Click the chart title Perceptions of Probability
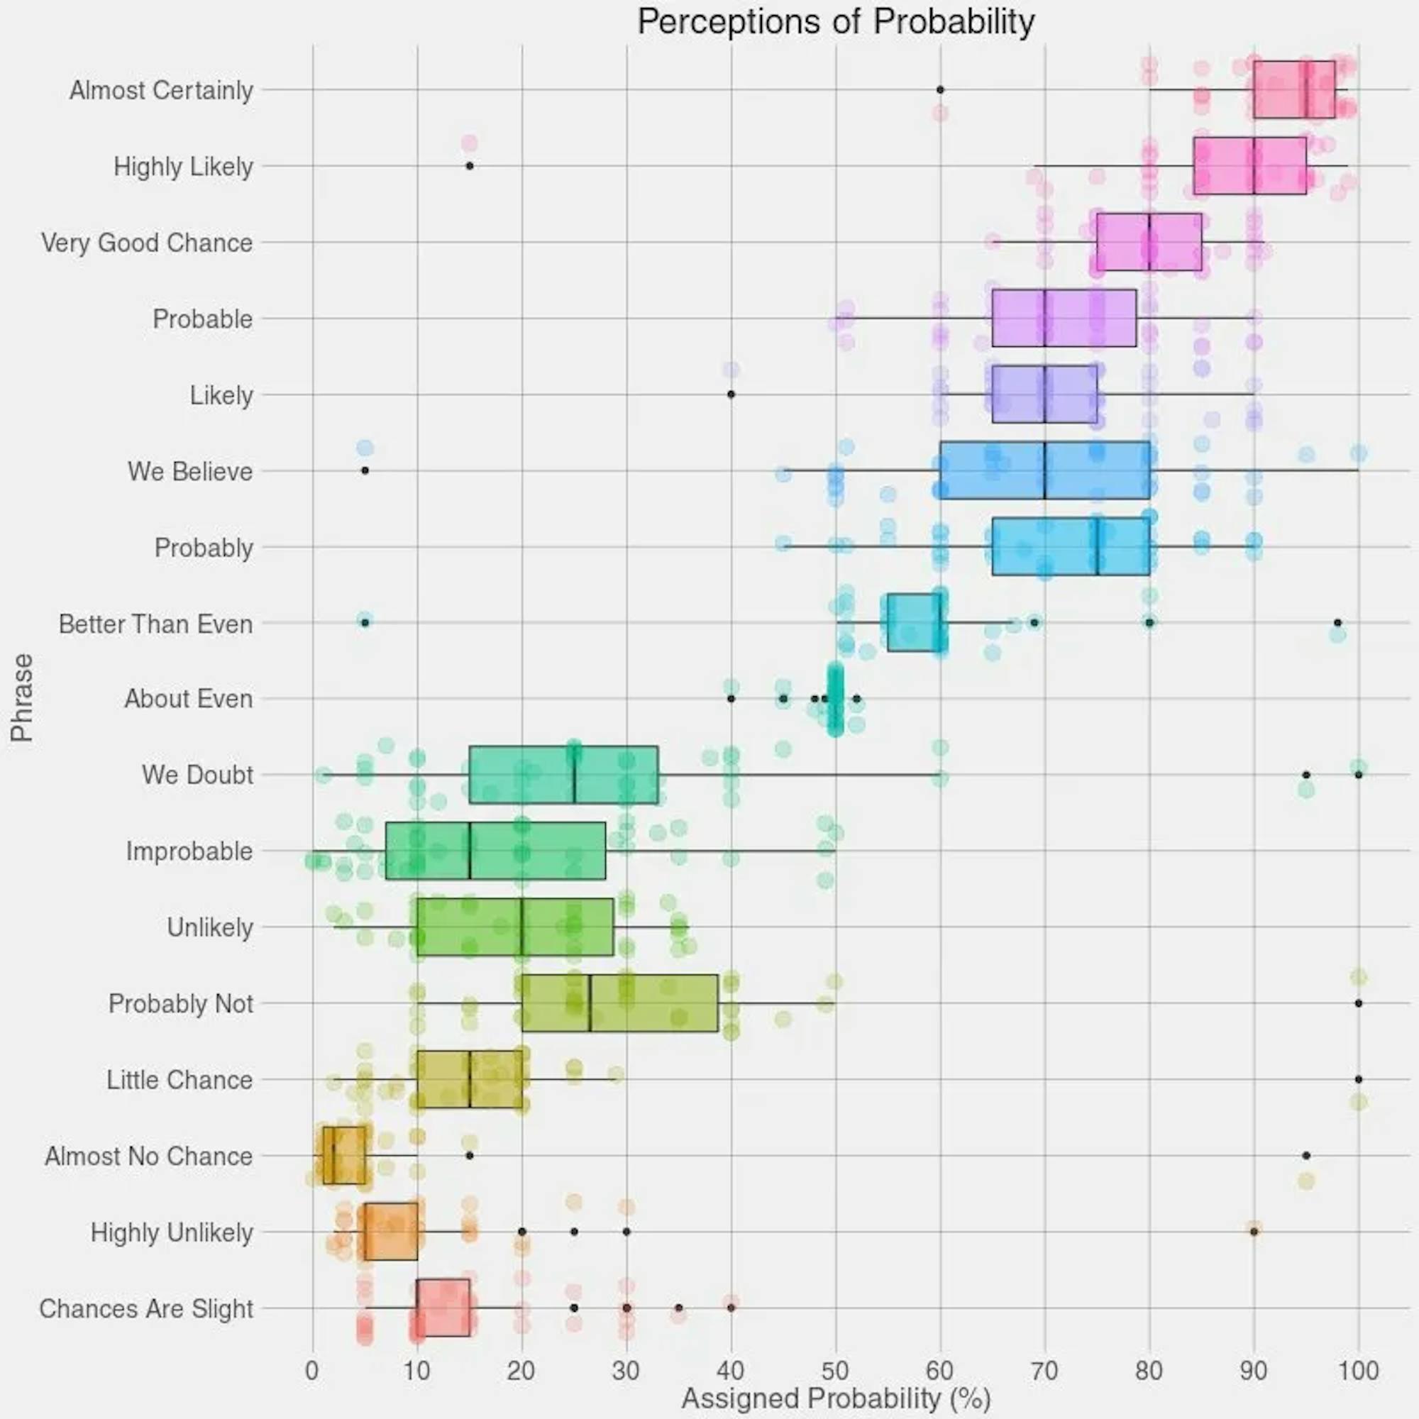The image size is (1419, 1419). click(836, 22)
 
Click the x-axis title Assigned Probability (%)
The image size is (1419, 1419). click(836, 1398)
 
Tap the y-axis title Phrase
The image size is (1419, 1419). click(22, 697)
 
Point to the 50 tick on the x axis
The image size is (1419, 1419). click(835, 1371)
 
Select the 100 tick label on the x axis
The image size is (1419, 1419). click(1358, 1371)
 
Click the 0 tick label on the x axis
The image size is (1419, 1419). click(313, 1371)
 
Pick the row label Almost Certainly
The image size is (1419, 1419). click(161, 90)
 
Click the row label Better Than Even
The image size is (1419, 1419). click(155, 624)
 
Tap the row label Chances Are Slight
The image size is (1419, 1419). click(145, 1309)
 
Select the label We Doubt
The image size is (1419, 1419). click(197, 775)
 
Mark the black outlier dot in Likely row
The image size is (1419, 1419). click(731, 394)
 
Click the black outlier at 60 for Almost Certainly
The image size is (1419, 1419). click(940, 89)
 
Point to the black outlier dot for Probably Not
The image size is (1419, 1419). click(1358, 1003)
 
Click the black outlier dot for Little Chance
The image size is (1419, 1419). click(1358, 1080)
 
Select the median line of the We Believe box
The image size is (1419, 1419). click(1044, 471)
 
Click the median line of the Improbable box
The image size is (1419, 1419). click(469, 851)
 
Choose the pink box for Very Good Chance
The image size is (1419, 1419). click(1149, 243)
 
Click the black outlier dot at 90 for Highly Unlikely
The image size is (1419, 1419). click(1254, 1232)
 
